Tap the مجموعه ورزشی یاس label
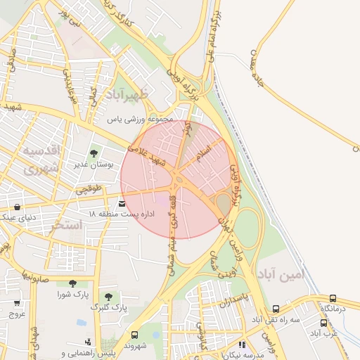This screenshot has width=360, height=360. click(140, 120)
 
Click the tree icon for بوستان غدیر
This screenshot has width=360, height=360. click(94, 153)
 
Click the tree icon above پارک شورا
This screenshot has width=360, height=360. click(72, 283)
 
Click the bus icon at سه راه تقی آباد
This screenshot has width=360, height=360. click(276, 308)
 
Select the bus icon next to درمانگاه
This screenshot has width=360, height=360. click(333, 297)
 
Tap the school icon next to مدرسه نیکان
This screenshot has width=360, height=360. click(242, 345)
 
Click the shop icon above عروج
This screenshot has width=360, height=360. click(17, 303)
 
